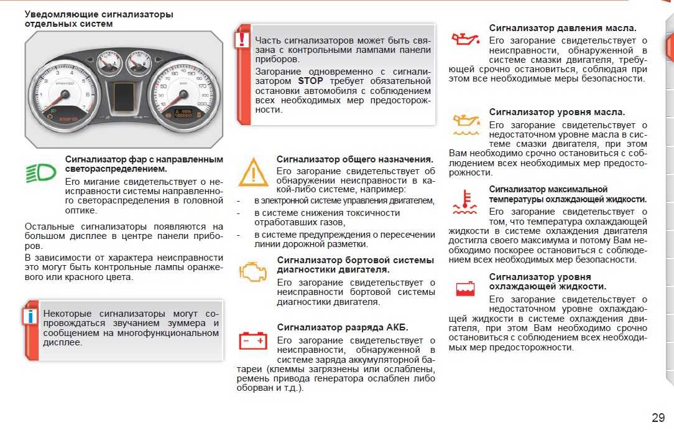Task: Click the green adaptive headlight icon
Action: pyautogui.click(x=40, y=172)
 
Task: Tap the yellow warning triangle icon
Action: pyautogui.click(x=253, y=172)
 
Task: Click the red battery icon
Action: pyautogui.click(x=253, y=340)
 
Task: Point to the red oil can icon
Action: pyautogui.click(x=464, y=39)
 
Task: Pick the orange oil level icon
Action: pyautogui.click(x=464, y=124)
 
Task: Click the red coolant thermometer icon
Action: pyautogui.click(x=464, y=199)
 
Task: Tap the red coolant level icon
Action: pyautogui.click(x=465, y=288)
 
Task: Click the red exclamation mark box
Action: pyautogui.click(x=242, y=40)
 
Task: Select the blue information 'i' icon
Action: pyautogui.click(x=30, y=315)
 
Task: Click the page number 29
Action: pyautogui.click(x=658, y=417)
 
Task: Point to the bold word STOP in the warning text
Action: pyautogui.click(x=310, y=81)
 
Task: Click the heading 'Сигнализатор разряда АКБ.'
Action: pyautogui.click(x=343, y=327)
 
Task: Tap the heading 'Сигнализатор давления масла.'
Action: pyautogui.click(x=562, y=28)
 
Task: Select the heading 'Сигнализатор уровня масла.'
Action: pyautogui.click(x=557, y=112)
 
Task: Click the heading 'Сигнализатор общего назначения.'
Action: pyautogui.click(x=355, y=159)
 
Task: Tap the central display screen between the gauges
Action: pyautogui.click(x=123, y=95)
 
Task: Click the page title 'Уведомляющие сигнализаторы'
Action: pyautogui.click(x=99, y=14)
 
